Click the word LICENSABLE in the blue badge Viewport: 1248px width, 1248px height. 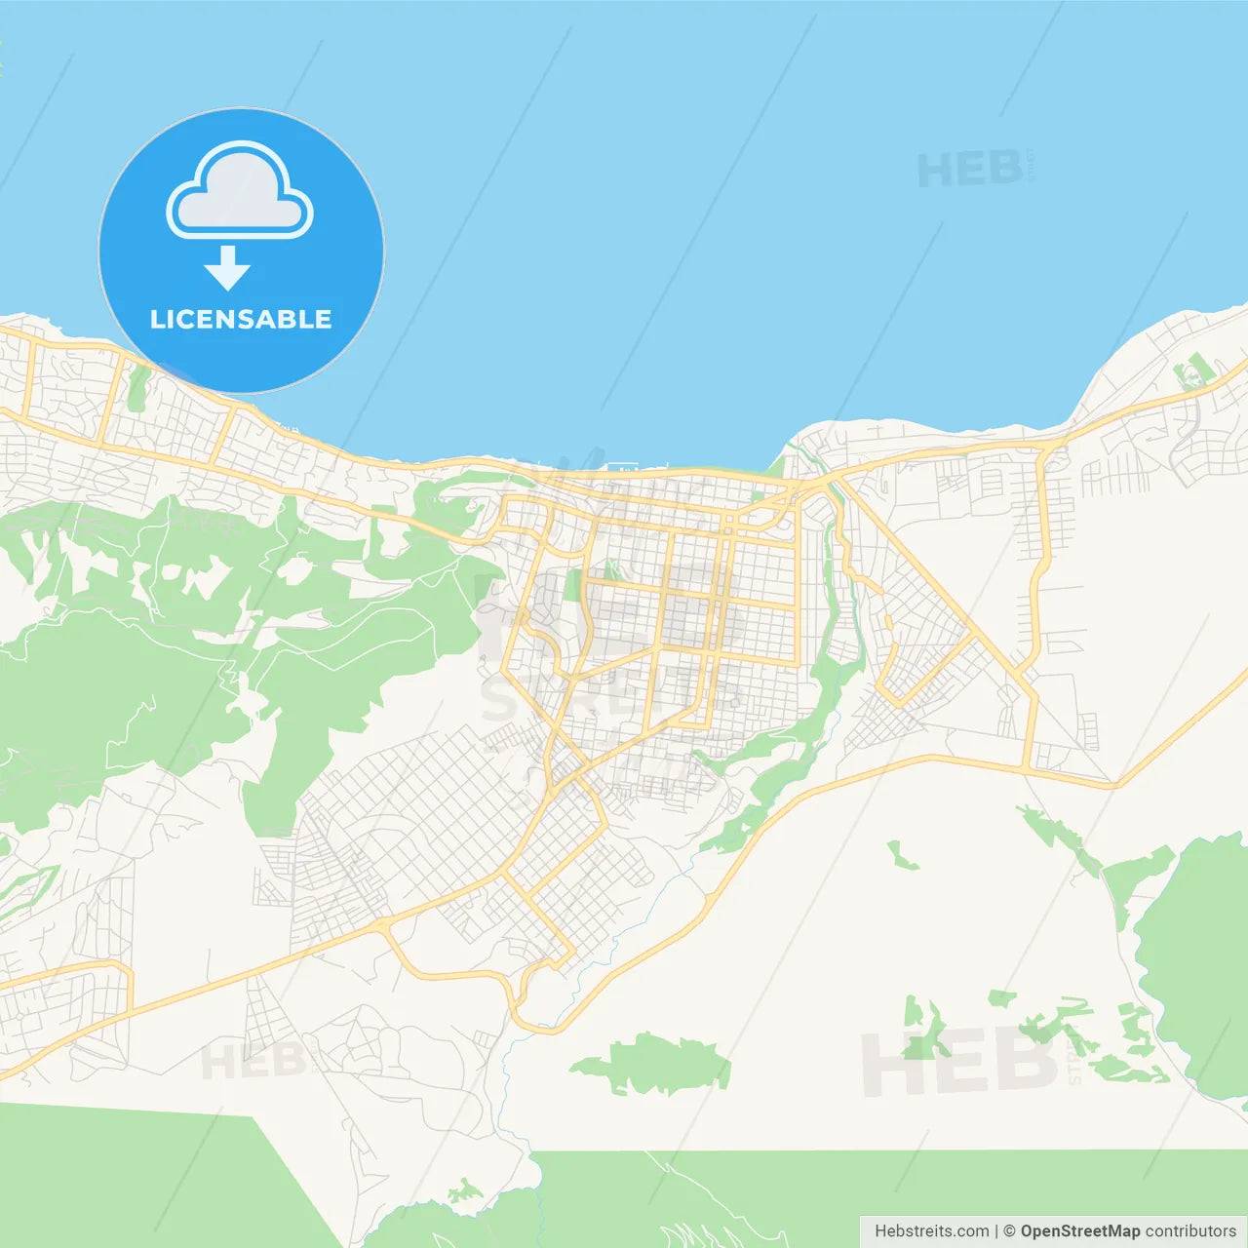coord(241,320)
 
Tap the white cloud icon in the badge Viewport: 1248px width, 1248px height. coord(240,193)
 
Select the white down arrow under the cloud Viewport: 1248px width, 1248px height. coord(228,269)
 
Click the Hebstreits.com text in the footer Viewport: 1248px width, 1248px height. coord(931,1231)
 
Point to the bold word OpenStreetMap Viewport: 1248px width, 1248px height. coord(1080,1231)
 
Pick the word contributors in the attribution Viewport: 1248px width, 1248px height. coord(1190,1231)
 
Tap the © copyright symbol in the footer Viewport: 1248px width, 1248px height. coord(1009,1231)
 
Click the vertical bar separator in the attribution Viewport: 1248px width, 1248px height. coord(996,1231)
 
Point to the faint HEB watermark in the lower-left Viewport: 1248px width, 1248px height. coord(252,1061)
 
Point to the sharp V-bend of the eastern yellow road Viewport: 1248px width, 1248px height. coord(1117,784)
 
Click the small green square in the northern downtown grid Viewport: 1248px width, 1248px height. coord(572,585)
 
